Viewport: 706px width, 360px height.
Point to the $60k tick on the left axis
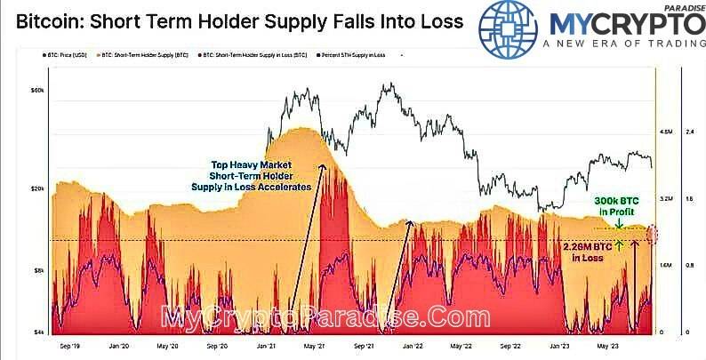[x=37, y=92]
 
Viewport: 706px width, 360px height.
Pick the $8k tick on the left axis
[x=38, y=268]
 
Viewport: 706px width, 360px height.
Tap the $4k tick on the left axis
[x=38, y=332]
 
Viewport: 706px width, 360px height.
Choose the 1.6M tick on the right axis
[x=665, y=266]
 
